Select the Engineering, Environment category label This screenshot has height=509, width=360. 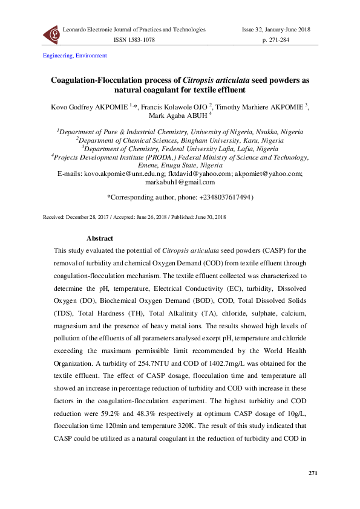point(74,56)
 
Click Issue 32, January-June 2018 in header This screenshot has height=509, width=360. point(277,30)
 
